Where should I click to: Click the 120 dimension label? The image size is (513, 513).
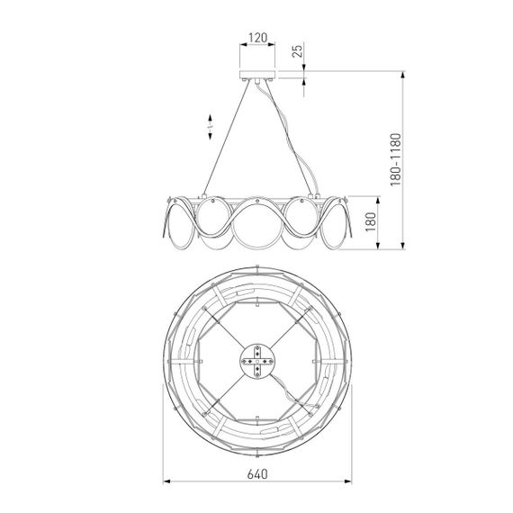click(257, 38)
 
